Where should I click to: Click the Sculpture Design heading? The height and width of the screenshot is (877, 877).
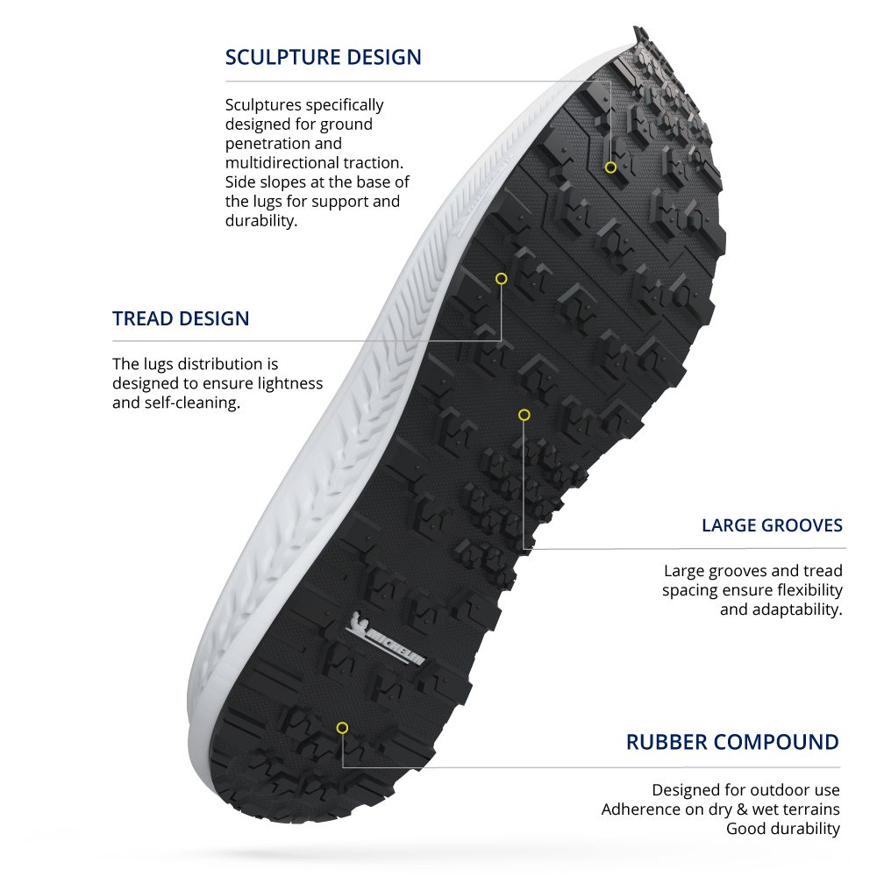pos(323,57)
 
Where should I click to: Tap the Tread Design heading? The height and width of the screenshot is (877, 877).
pos(181,318)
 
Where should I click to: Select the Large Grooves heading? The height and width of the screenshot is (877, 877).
pos(772,525)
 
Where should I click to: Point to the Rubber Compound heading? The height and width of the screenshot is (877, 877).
pos(732,742)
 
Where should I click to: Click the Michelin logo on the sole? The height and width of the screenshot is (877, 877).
pos(385,639)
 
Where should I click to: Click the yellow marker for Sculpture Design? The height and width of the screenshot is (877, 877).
pos(610,168)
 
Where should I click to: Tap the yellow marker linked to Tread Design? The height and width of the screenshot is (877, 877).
pos(501,279)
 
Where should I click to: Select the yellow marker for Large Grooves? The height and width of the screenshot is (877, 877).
pos(524,415)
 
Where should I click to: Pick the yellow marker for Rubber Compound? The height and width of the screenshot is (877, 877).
pos(342,728)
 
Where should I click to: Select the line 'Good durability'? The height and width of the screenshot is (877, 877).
pos(783,829)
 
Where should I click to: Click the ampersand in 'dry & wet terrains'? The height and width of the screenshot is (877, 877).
pos(742,809)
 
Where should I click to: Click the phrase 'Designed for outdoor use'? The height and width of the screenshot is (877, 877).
pos(745,790)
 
